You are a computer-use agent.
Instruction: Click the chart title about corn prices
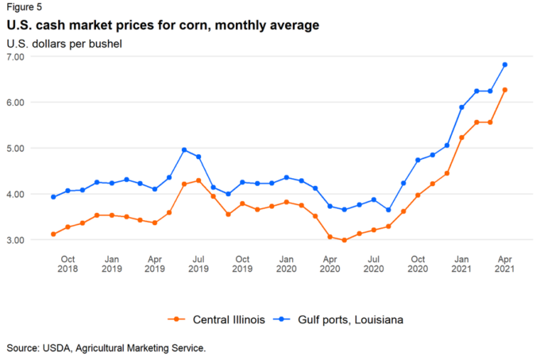(x=162, y=25)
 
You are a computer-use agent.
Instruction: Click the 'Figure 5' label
(x=25, y=8)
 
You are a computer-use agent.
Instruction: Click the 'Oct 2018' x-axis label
(x=68, y=265)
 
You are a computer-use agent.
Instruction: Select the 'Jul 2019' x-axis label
(x=199, y=265)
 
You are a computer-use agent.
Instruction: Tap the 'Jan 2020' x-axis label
(x=287, y=265)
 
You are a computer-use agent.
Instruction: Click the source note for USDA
(x=106, y=348)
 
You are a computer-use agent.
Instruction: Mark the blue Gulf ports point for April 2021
(x=505, y=65)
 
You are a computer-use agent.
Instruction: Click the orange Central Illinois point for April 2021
(x=505, y=90)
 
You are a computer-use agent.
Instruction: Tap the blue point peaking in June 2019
(x=184, y=149)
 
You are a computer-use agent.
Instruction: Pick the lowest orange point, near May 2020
(x=345, y=240)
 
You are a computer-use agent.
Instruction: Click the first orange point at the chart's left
(x=53, y=234)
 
